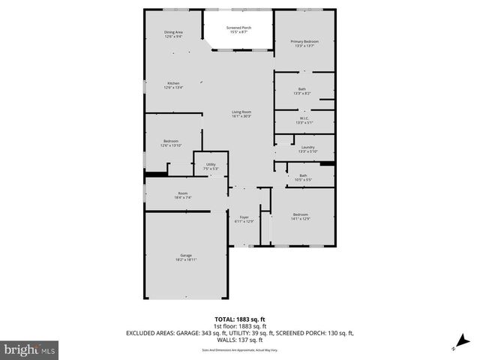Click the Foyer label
(x=244, y=218)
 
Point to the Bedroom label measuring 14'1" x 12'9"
(x=300, y=216)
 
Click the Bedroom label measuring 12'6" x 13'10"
(x=171, y=142)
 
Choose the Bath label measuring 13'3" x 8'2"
(x=302, y=91)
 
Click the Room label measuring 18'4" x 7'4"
(x=184, y=196)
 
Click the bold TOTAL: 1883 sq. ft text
(x=239, y=319)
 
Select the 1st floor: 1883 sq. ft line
(x=239, y=325)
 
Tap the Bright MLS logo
(x=29, y=349)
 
